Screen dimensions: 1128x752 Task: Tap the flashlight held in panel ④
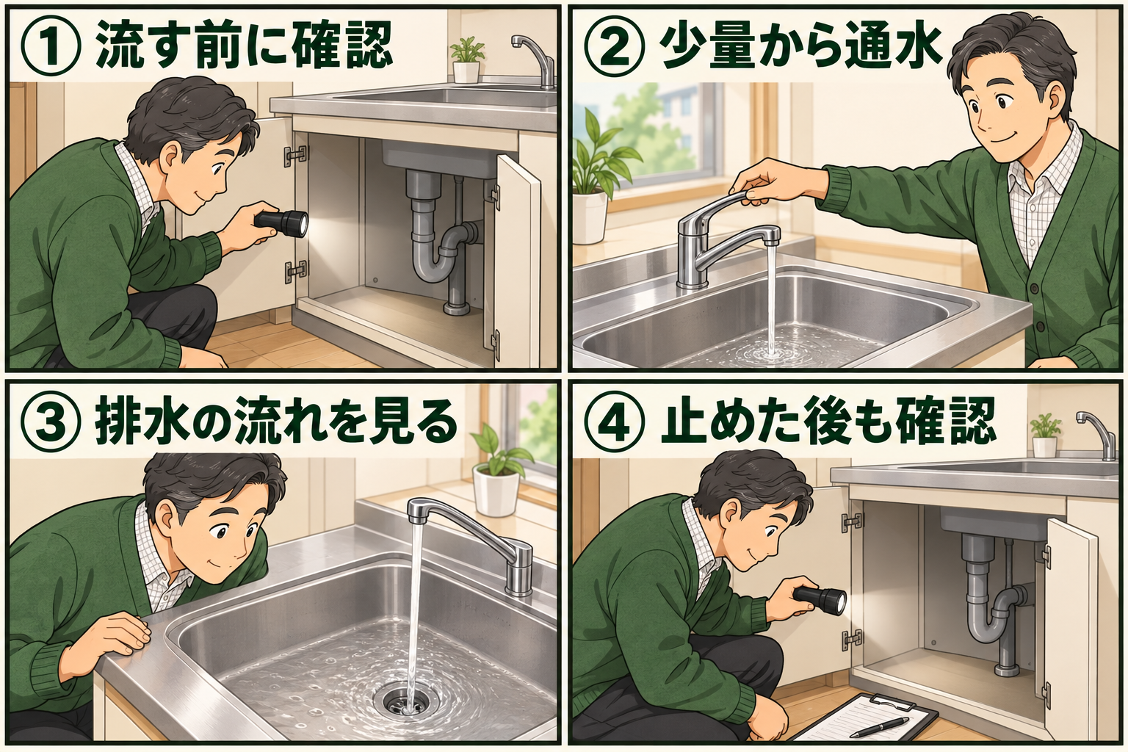(x=820, y=600)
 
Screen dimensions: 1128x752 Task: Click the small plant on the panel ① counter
(x=467, y=60)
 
